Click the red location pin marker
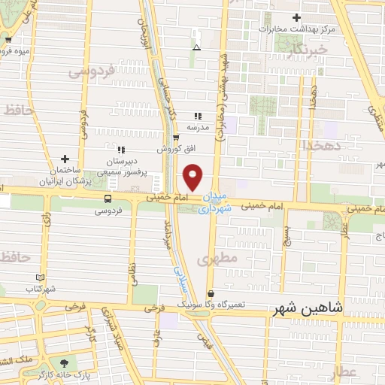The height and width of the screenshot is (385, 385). click(193, 177)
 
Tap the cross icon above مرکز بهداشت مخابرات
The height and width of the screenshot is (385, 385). click(297, 17)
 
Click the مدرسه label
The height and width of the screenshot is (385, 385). click(199, 128)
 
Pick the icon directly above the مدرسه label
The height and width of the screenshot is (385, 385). click(199, 116)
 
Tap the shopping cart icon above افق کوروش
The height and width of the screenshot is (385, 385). click(176, 138)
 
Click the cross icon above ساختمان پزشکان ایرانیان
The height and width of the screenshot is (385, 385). click(65, 159)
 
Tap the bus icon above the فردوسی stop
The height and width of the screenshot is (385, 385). click(108, 199)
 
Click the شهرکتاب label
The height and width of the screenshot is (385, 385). click(40, 289)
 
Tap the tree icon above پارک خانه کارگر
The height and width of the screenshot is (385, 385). click(73, 362)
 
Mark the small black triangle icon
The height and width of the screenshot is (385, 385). click(196, 47)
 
